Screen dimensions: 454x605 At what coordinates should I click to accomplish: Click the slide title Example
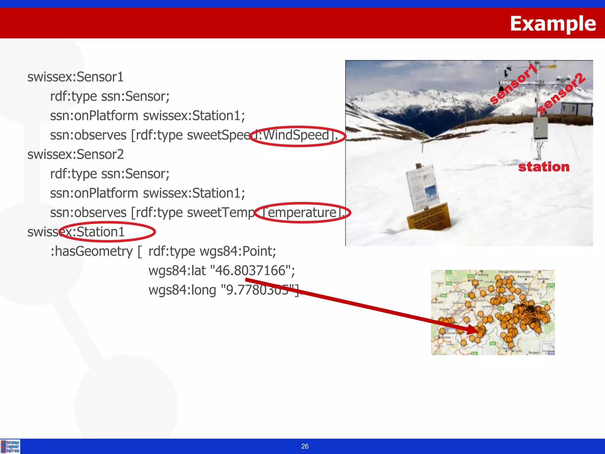pyautogui.click(x=553, y=23)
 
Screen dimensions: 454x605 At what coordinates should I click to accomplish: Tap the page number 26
pyautogui.click(x=305, y=446)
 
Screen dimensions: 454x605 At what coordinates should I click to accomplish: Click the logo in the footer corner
pyautogui.click(x=10, y=446)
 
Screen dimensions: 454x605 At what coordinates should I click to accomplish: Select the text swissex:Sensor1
pyautogui.click(x=75, y=77)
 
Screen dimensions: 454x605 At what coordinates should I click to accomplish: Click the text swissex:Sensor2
pyautogui.click(x=75, y=155)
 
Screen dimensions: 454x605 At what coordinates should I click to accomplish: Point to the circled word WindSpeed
pyautogui.click(x=296, y=135)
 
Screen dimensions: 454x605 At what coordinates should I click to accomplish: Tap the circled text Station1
pyautogui.click(x=100, y=232)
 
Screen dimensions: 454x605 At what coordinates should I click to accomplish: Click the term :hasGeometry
pyautogui.click(x=92, y=252)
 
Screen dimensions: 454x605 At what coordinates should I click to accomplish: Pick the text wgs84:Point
pyautogui.click(x=238, y=252)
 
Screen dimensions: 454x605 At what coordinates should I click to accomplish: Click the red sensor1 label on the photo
pyautogui.click(x=513, y=84)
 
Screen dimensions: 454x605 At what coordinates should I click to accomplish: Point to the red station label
pyautogui.click(x=544, y=167)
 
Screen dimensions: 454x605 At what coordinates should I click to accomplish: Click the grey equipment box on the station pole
pyautogui.click(x=541, y=128)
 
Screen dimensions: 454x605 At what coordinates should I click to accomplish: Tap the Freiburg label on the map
pyautogui.click(x=482, y=275)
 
